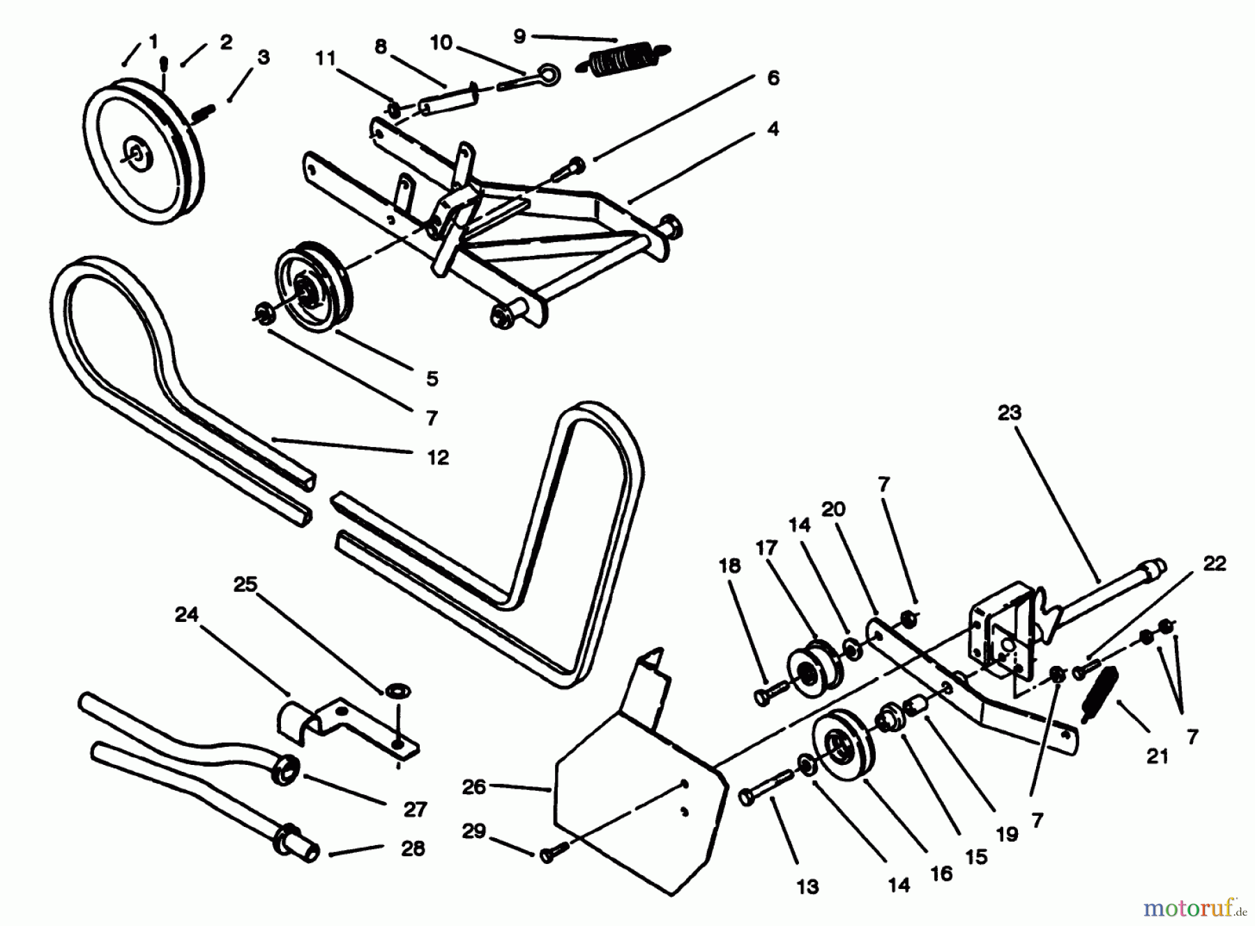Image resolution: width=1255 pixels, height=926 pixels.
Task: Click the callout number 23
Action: (x=1009, y=413)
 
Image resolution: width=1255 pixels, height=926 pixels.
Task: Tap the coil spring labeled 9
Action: (x=625, y=58)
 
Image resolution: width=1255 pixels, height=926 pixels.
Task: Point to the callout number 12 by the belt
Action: (x=438, y=457)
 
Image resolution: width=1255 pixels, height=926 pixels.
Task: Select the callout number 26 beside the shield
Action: (x=473, y=787)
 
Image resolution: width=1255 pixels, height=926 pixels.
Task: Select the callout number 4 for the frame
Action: (x=773, y=128)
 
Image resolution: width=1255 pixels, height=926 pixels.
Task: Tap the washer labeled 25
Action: (x=395, y=692)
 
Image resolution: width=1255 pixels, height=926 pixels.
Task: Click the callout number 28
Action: (x=413, y=849)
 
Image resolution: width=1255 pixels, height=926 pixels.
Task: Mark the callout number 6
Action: (x=773, y=77)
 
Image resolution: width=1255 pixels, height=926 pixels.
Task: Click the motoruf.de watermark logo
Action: (x=1189, y=906)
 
